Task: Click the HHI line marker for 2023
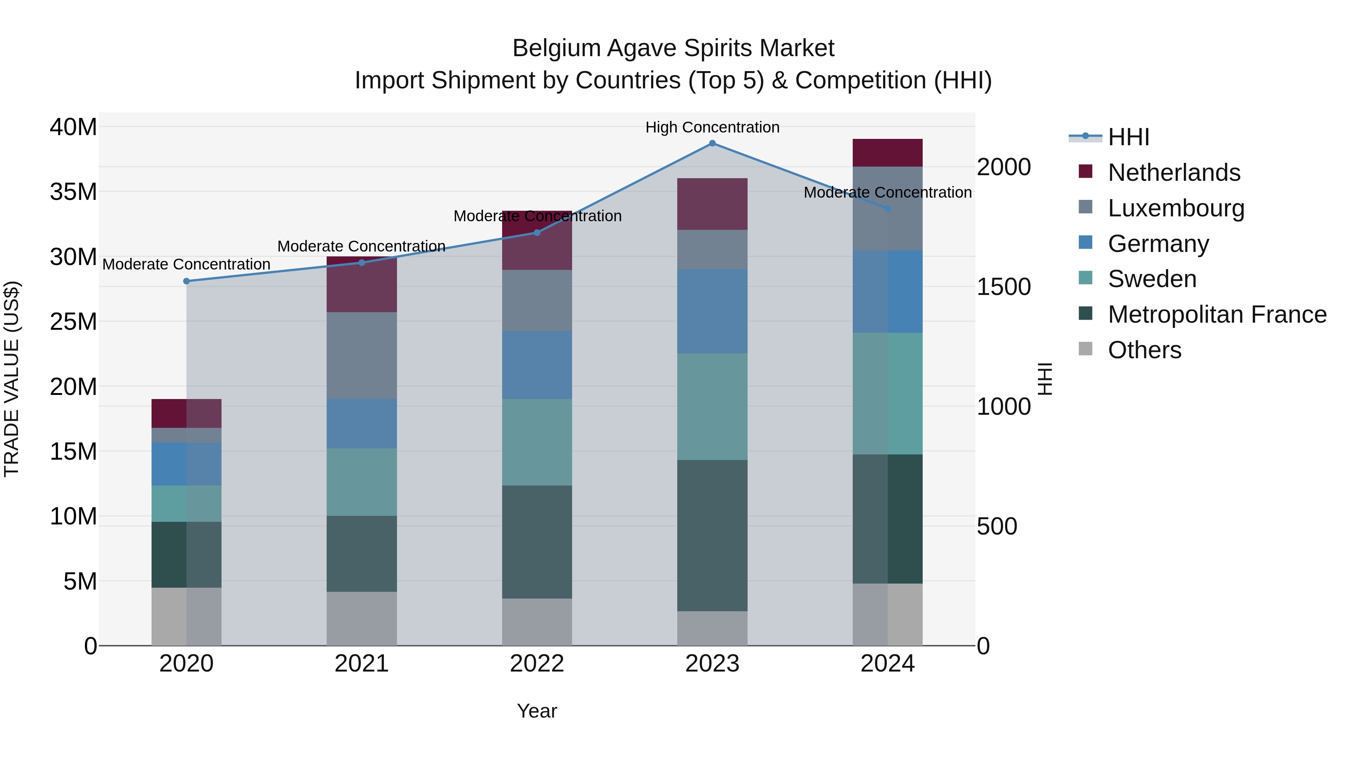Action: [x=712, y=143]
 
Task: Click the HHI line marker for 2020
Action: [x=186, y=281]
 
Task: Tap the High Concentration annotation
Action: [x=712, y=127]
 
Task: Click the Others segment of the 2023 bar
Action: [x=712, y=628]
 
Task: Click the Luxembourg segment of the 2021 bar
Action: [x=361, y=355]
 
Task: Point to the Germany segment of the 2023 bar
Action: [x=712, y=311]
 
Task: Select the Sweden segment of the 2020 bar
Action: [x=186, y=503]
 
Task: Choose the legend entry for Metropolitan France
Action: [x=1217, y=314]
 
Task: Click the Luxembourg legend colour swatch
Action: [x=1085, y=207]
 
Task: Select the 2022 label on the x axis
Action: [x=537, y=664]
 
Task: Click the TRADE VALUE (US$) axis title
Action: [x=12, y=379]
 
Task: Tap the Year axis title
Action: [x=537, y=711]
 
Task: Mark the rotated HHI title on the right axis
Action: [x=1044, y=379]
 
